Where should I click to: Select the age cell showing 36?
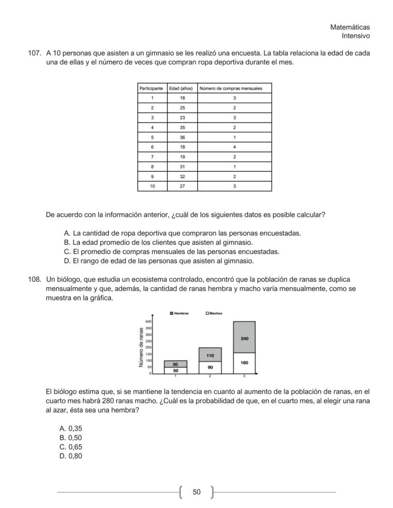tap(182, 137)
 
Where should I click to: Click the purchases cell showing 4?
tap(234, 147)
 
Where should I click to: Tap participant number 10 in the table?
tap(152, 186)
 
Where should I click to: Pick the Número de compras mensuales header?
tap(234, 88)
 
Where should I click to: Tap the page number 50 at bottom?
tap(196, 492)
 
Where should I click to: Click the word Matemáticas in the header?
tap(350, 28)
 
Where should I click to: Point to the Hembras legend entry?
tap(179, 314)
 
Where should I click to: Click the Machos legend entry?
tap(214, 314)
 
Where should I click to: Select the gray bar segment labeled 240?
tap(244, 338)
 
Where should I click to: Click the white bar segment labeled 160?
tap(244, 363)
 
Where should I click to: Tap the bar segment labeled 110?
tap(210, 355)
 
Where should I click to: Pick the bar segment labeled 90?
tap(210, 367)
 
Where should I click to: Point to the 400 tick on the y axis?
tap(148, 322)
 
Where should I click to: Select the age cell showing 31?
tap(182, 166)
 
